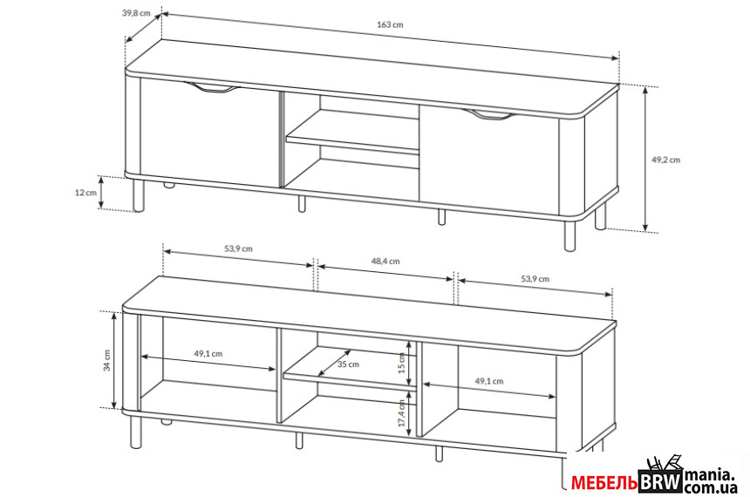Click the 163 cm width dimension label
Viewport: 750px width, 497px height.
click(390, 24)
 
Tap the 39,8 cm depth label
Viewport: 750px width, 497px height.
click(136, 13)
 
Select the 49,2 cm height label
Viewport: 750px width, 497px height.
click(665, 160)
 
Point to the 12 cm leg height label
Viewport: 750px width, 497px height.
click(85, 193)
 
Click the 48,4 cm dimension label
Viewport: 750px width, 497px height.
click(385, 262)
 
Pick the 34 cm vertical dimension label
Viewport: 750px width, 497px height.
click(106, 360)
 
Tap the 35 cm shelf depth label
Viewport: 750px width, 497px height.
click(348, 364)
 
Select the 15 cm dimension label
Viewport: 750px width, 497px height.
click(401, 363)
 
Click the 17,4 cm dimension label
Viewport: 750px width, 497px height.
click(401, 413)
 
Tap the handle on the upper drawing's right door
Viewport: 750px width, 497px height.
click(489, 115)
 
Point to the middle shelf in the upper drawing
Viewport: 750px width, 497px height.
click(352, 134)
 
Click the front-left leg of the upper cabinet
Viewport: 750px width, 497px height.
click(139, 195)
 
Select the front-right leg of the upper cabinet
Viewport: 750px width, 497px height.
click(569, 235)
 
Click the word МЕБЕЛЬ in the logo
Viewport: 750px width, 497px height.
click(603, 483)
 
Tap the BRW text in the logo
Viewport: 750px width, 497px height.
click(660, 482)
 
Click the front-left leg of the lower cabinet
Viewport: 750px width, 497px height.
click(136, 432)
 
